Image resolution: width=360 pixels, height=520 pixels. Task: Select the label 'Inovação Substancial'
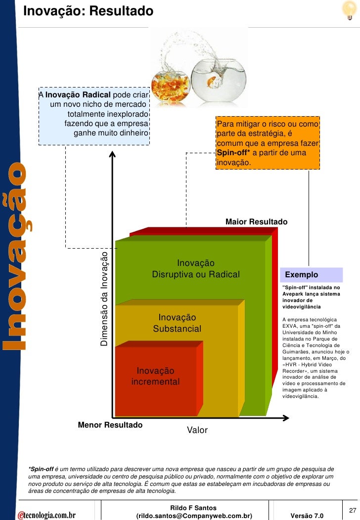(177, 323)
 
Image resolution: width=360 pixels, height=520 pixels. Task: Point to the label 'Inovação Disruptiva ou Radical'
(196, 269)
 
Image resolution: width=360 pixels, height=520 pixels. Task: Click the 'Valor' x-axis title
(197, 431)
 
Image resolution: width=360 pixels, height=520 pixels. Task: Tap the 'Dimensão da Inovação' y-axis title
(104, 299)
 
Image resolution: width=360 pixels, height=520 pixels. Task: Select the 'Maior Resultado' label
(256, 222)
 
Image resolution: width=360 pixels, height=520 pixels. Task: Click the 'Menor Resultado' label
(110, 425)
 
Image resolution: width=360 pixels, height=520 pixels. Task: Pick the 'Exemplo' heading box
(311, 275)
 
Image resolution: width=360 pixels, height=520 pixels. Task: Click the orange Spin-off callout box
(268, 143)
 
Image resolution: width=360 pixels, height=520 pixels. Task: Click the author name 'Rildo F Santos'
(193, 508)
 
